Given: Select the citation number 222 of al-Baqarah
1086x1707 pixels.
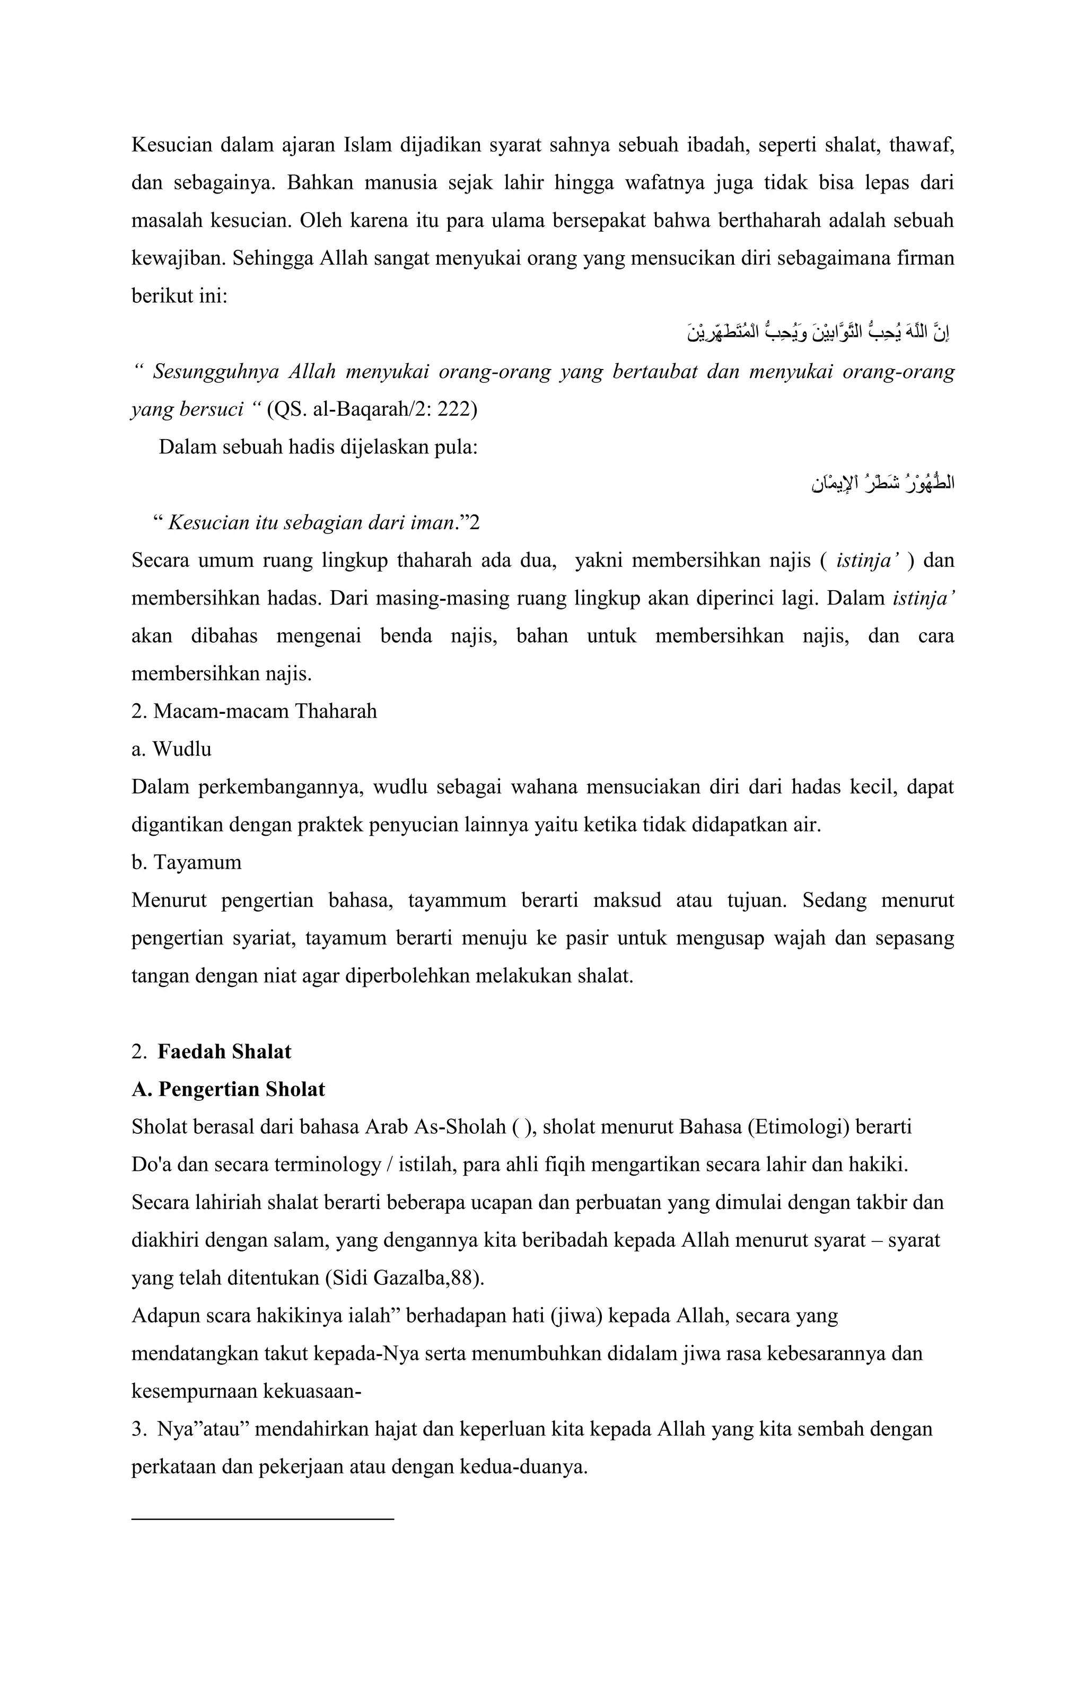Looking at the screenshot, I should (x=458, y=410).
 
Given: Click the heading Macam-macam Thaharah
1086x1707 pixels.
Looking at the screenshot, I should (x=265, y=711).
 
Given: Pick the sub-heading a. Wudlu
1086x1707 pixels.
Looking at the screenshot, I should (x=172, y=749).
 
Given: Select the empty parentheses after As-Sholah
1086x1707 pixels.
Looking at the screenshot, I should (x=520, y=1127).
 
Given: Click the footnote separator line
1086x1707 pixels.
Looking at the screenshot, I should (x=262, y=1519).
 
